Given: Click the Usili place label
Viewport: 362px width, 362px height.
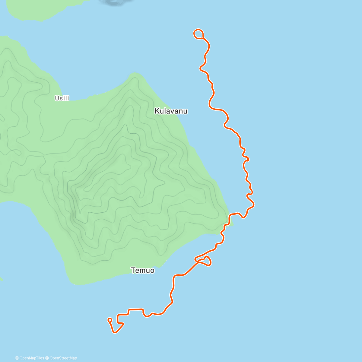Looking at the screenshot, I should [x=62, y=98].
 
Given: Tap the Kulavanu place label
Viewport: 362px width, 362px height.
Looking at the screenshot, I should [x=171, y=111].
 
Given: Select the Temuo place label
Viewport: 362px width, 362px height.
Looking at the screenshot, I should [x=143, y=270].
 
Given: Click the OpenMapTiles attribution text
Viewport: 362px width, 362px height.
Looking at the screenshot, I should [x=31, y=358].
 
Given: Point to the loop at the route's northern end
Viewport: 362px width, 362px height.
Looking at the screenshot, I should [x=198, y=34].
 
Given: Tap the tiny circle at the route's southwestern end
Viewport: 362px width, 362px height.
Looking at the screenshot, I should [x=110, y=320].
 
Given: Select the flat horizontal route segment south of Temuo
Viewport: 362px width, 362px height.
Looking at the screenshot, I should [x=135, y=309].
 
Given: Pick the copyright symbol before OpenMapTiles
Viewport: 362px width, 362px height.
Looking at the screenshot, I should [x=17, y=358].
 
